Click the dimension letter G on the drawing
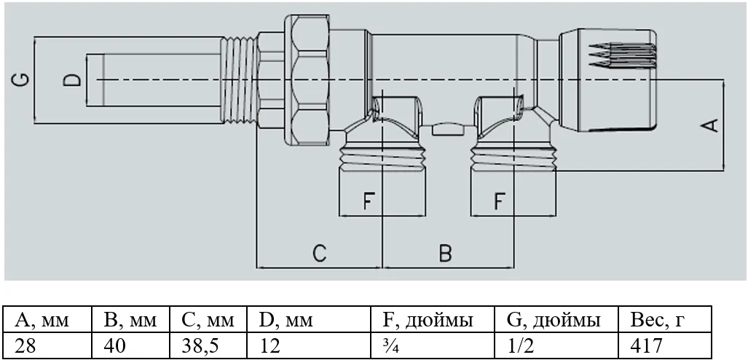pos(21,79)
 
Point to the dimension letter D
pos(73,80)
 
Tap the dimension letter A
pos(710,125)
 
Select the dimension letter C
pos(320,253)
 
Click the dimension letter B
pos(445,253)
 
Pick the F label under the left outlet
pos(367,201)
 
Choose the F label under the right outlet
pos(498,201)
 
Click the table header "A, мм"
pos(42,319)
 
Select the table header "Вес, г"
pos(659,319)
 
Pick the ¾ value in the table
pos(390,345)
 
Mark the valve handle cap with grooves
pos(607,79)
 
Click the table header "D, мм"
pos(286,319)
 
